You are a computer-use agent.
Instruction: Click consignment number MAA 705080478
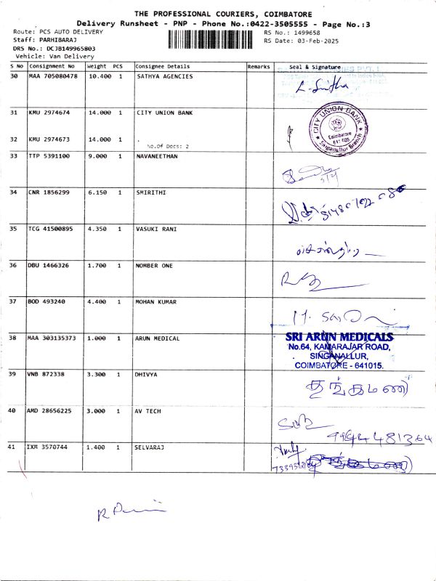pyautogui.click(x=52, y=76)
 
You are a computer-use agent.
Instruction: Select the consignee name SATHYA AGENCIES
pyautogui.click(x=164, y=76)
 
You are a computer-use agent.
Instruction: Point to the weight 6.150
pyautogui.click(x=98, y=192)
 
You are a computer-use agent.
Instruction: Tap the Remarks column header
pyautogui.click(x=259, y=66)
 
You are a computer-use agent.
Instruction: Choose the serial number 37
pyautogui.click(x=14, y=301)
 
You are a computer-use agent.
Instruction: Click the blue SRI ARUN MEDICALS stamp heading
pyautogui.click(x=339, y=336)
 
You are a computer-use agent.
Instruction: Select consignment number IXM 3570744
pyautogui.click(x=49, y=447)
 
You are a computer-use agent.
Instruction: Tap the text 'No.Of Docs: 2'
pyautogui.click(x=167, y=146)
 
